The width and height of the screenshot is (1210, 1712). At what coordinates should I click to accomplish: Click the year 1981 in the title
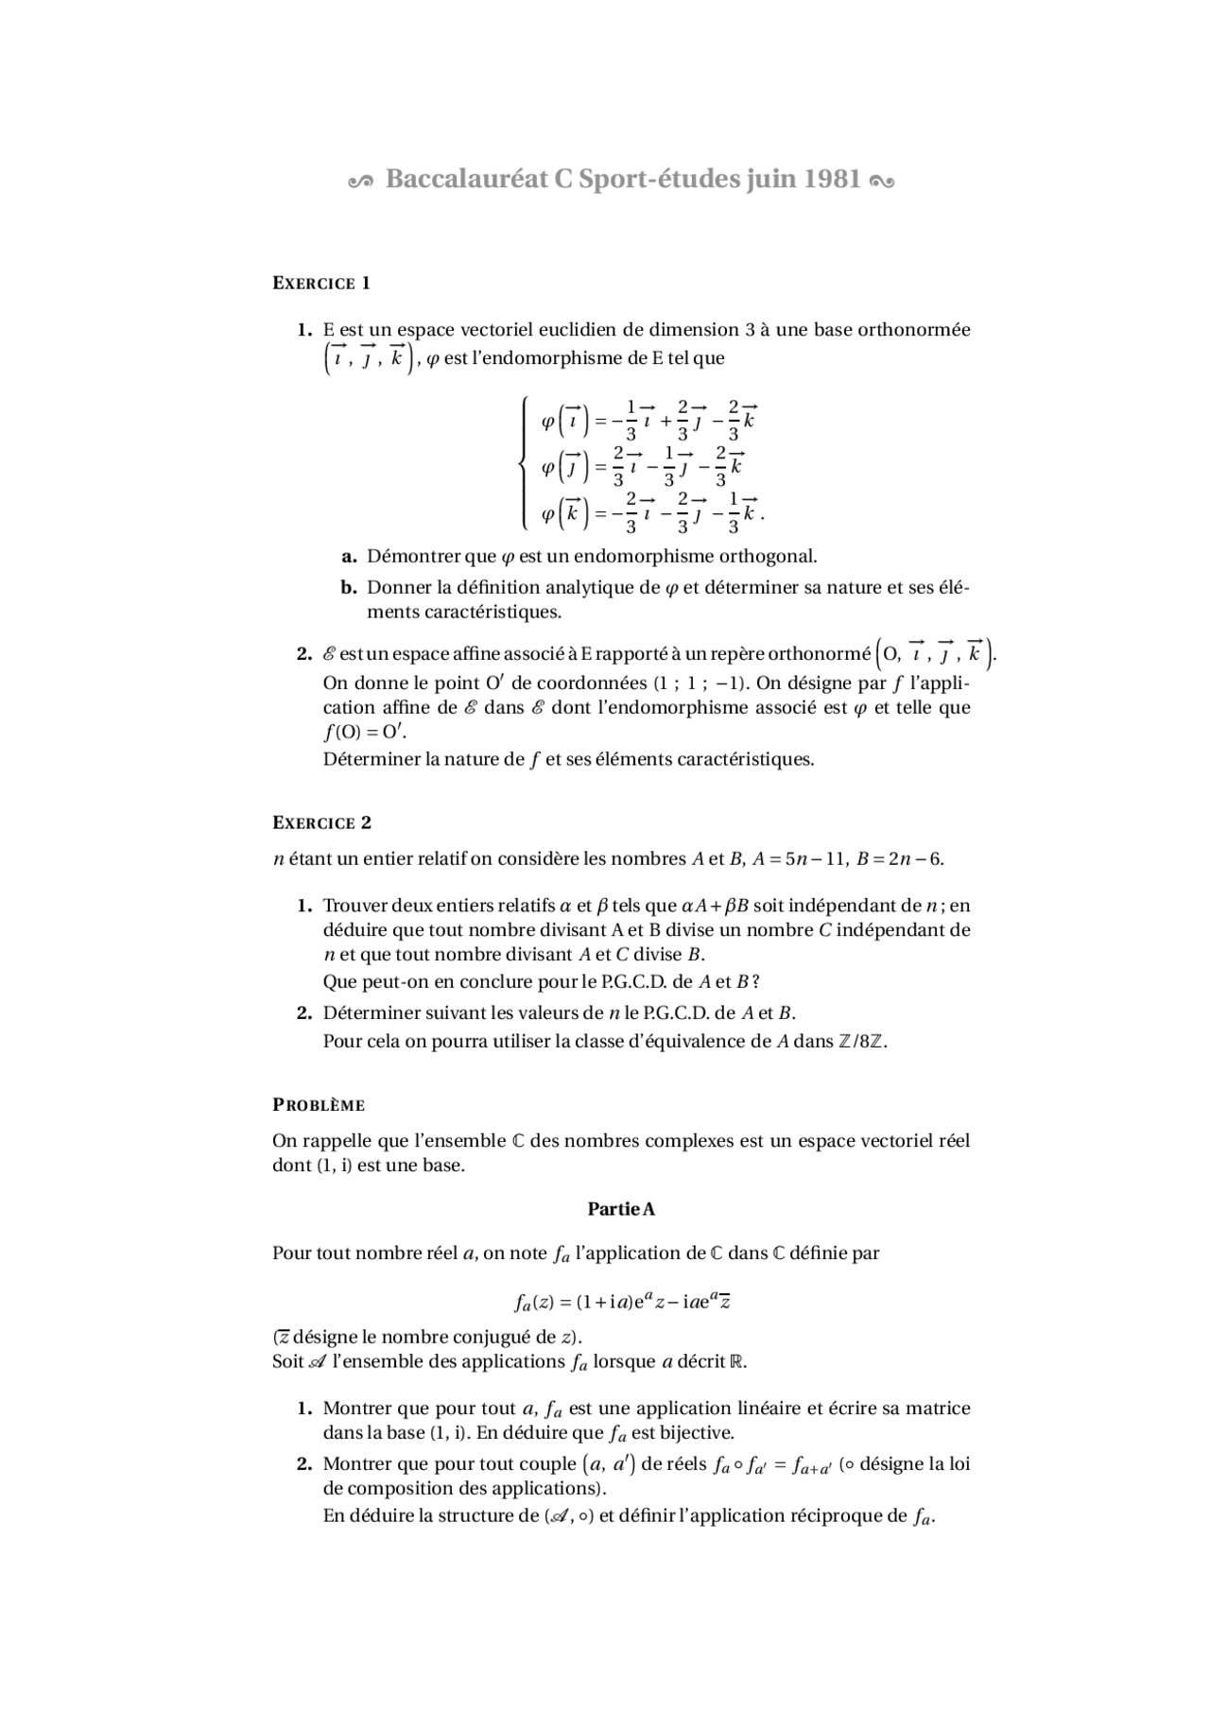(832, 179)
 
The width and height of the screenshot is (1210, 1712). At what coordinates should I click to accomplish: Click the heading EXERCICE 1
(321, 283)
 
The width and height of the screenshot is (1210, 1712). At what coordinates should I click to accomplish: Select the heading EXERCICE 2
(321, 822)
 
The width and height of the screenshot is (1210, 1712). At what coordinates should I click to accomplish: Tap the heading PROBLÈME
(319, 1104)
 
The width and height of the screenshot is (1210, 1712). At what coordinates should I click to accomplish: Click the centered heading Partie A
(621, 1209)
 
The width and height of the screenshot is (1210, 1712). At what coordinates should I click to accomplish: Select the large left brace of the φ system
(523, 463)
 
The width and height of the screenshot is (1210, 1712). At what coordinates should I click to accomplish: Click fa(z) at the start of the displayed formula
(533, 1302)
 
